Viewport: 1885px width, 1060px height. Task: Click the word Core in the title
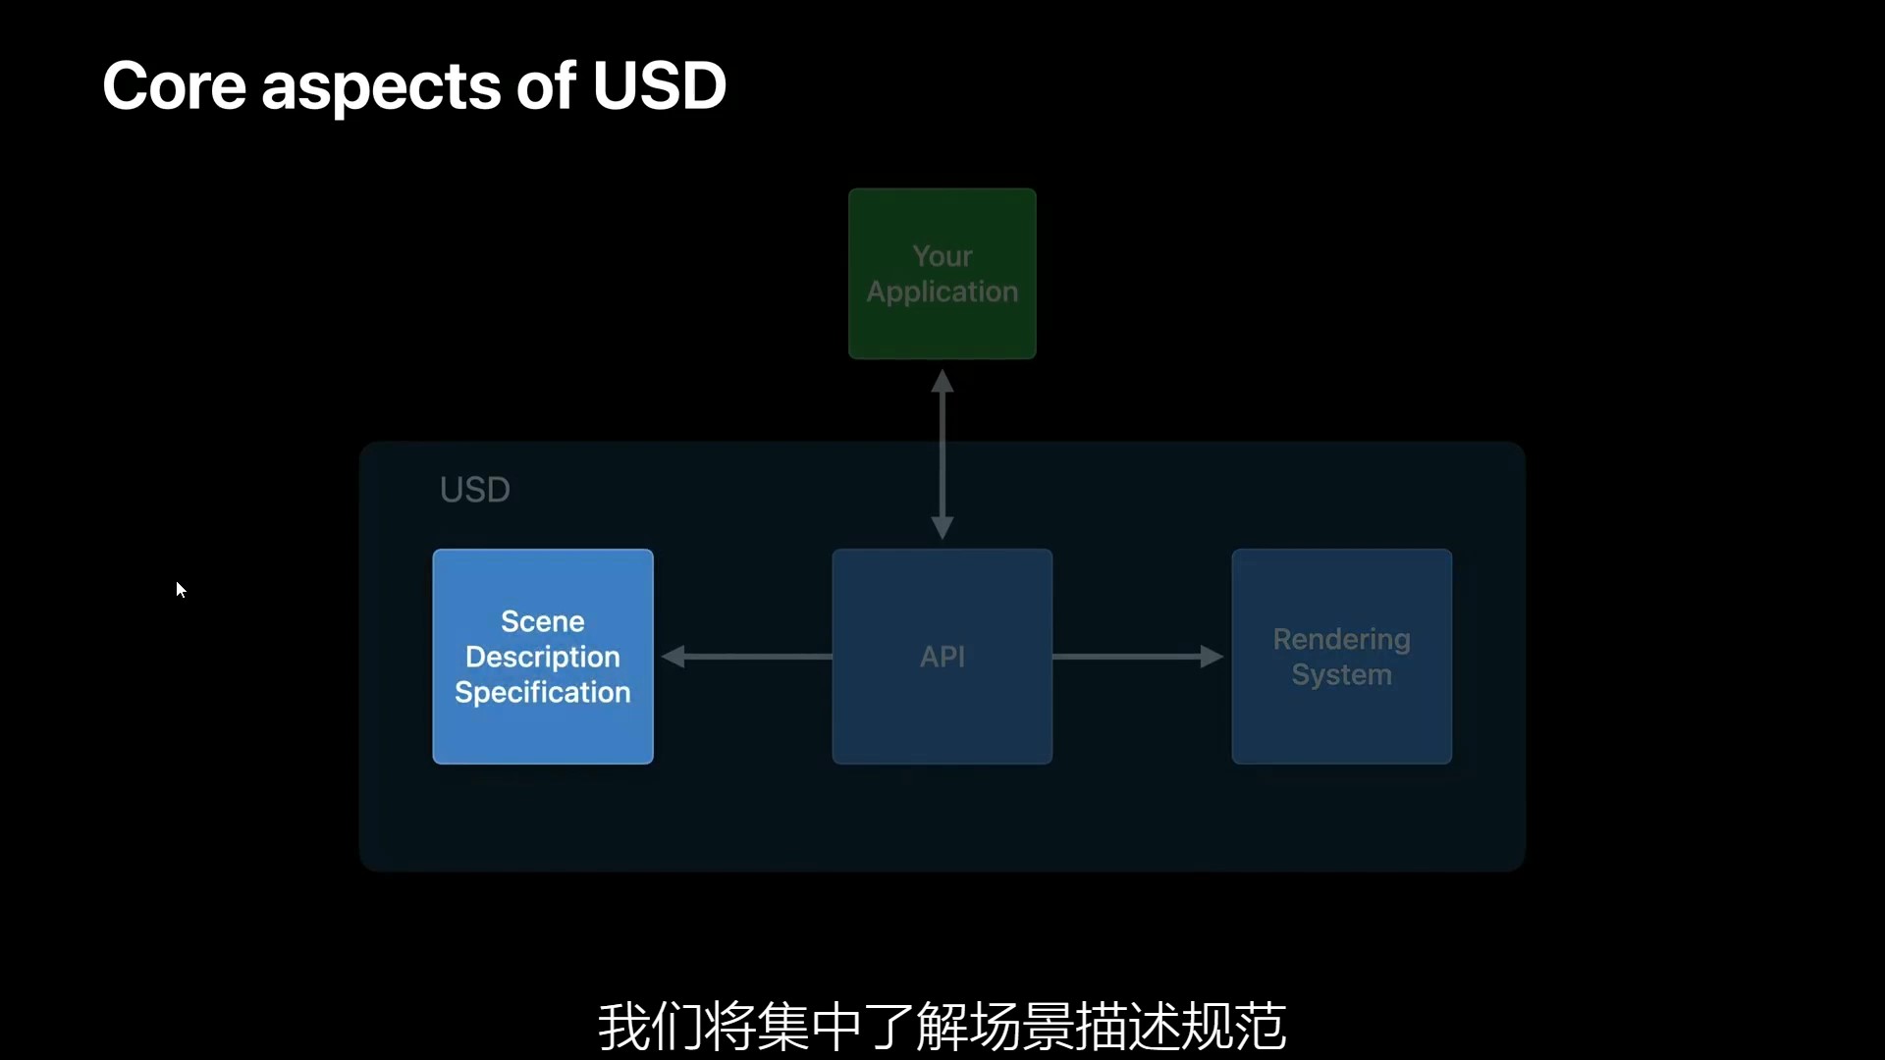174,86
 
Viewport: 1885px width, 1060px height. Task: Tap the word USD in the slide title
659,86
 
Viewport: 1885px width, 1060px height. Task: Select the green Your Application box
942,274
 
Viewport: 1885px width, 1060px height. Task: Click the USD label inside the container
474,490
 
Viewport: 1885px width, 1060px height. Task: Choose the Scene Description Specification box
543,657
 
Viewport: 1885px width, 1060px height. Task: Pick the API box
942,657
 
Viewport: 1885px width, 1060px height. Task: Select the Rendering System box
1341,657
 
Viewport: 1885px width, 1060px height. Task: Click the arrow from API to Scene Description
746,657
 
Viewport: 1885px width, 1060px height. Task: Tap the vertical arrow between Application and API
942,453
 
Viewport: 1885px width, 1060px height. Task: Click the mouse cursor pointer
181,589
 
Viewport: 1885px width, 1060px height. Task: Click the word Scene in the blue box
543,621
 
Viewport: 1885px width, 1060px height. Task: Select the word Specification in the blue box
543,692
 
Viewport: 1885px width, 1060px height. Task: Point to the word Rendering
1341,639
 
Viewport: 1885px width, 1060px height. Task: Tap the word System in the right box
1341,675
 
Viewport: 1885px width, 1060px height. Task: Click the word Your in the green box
942,256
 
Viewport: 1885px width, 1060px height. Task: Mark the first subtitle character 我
623,1027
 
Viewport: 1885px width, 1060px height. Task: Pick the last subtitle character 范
1260,1027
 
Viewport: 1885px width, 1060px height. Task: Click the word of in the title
546,86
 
